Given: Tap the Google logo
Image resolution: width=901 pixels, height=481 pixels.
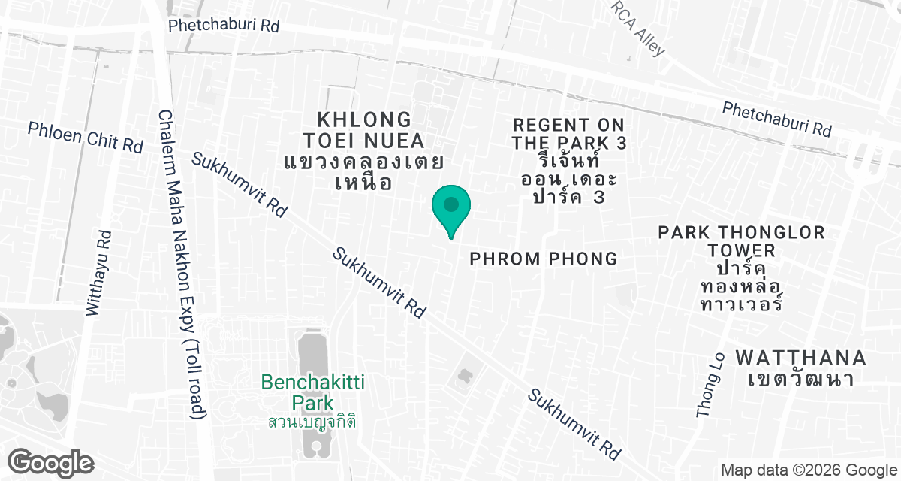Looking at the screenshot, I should [52, 461].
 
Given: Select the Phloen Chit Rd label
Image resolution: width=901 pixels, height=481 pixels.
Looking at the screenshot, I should [85, 136].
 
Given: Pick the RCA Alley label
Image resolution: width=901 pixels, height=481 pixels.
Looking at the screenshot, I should [638, 29].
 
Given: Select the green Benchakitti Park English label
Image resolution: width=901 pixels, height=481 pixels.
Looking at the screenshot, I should [312, 392].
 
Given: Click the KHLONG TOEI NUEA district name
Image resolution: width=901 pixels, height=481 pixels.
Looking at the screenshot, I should [364, 130].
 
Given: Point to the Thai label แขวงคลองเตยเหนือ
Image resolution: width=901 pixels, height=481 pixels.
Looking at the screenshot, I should [364, 172].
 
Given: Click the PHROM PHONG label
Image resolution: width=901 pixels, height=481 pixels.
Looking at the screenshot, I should [544, 259].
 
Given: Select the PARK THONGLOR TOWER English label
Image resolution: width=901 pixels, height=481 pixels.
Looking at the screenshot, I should [741, 240].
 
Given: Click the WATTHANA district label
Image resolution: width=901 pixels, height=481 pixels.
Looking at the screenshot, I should [801, 357].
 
